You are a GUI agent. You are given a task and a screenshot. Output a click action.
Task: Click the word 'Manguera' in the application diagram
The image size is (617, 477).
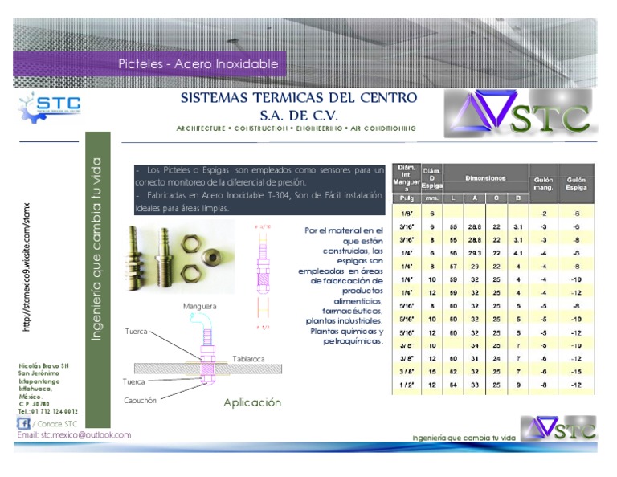pyautogui.click(x=199, y=306)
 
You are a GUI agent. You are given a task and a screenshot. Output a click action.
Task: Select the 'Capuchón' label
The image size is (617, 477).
pyautogui.click(x=141, y=399)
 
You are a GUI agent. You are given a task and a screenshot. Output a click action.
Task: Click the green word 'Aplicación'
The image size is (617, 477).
pyautogui.click(x=252, y=402)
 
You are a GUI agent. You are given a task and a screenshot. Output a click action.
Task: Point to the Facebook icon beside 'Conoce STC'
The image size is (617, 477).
pyautogui.click(x=23, y=422)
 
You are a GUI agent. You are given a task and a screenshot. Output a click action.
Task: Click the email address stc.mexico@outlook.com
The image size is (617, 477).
pyautogui.click(x=74, y=434)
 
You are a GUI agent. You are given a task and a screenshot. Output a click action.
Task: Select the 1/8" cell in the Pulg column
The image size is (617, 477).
pyautogui.click(x=407, y=213)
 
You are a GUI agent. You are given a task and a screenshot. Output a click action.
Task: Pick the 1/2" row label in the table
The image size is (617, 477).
pyautogui.click(x=407, y=385)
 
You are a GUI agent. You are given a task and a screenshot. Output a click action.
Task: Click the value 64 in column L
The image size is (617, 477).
pyautogui.click(x=454, y=385)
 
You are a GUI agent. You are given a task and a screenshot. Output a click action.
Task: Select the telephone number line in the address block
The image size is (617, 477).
pyautogui.click(x=47, y=411)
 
